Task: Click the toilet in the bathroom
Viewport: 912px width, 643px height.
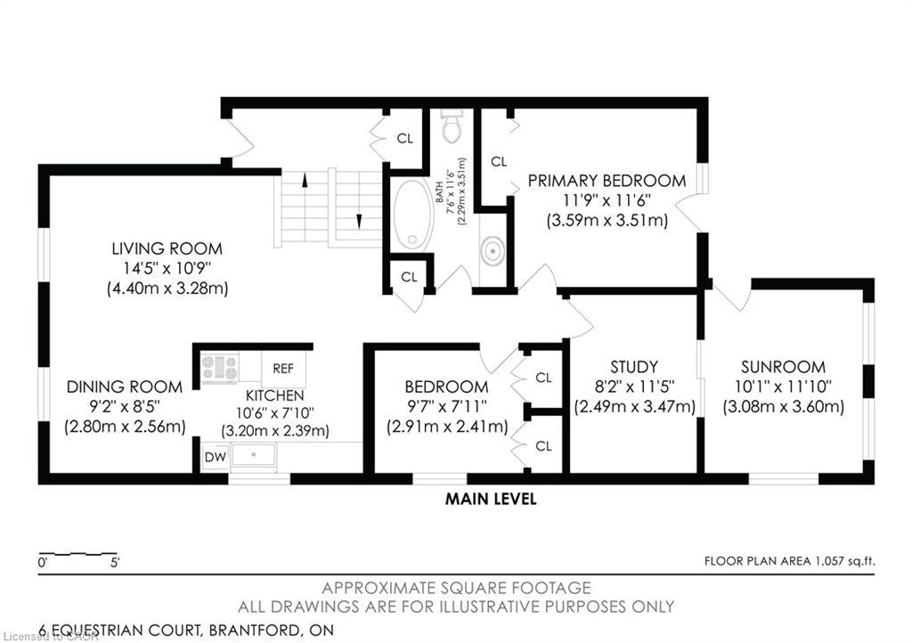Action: click(x=452, y=127)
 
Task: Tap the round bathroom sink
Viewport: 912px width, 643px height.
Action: click(x=493, y=252)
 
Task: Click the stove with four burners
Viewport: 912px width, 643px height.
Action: click(x=219, y=367)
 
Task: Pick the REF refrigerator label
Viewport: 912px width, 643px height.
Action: click(x=283, y=368)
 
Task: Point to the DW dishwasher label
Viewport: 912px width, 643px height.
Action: click(x=215, y=457)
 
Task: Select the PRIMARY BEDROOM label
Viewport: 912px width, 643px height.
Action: click(x=607, y=181)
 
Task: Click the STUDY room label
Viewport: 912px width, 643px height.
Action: click(x=634, y=366)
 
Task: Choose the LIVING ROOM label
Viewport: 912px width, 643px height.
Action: click(x=167, y=248)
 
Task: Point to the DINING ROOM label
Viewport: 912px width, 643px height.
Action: click(x=125, y=387)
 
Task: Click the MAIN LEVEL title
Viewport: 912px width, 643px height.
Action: click(x=491, y=500)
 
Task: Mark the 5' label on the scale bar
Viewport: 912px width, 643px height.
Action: click(x=115, y=563)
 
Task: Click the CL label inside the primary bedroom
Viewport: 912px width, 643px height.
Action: click(x=499, y=162)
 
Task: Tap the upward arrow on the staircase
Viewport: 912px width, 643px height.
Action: click(x=305, y=181)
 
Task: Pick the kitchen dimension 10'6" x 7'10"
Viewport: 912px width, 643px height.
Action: click(x=275, y=413)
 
